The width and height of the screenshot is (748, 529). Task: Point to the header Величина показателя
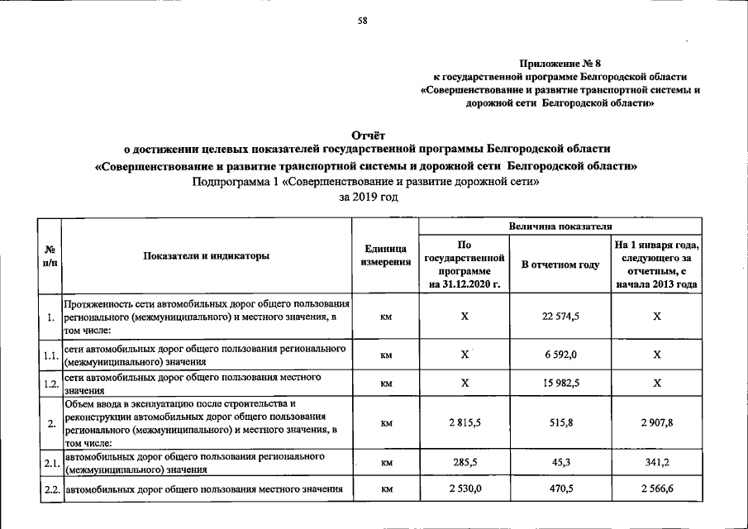(561, 224)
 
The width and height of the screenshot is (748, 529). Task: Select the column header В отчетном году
(560, 264)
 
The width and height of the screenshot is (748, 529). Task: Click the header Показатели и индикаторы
(207, 256)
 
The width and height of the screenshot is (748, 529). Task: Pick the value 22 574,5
(560, 317)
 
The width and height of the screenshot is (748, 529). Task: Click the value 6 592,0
(560, 354)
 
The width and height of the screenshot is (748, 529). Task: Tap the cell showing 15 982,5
(560, 384)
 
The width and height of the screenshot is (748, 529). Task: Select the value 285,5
(465, 464)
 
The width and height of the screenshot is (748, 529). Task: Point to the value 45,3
(560, 464)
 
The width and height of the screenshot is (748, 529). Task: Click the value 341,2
(656, 464)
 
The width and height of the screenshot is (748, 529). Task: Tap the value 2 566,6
(656, 491)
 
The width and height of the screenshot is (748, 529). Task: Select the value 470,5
(560, 491)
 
